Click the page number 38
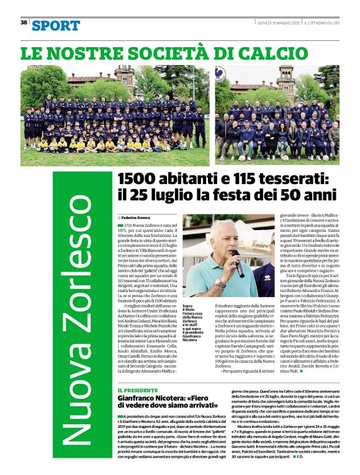(x=24, y=22)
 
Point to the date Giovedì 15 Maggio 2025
(x=279, y=22)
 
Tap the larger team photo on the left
(x=116, y=115)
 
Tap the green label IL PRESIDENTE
(x=137, y=390)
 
